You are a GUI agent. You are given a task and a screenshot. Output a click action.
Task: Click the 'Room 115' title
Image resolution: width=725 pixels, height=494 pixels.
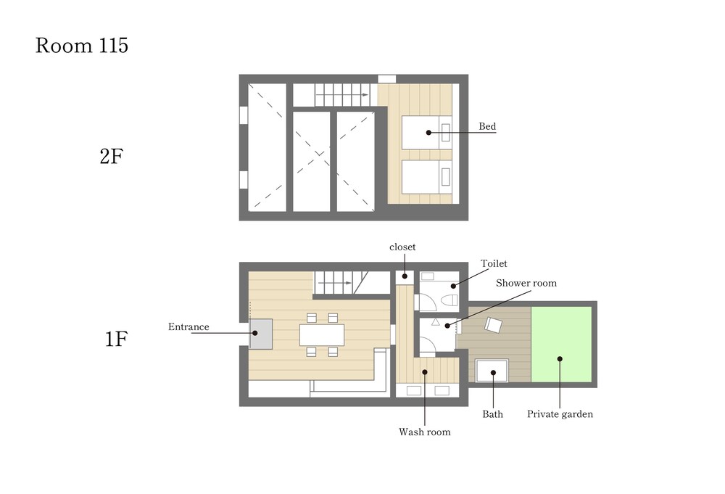pos(82,45)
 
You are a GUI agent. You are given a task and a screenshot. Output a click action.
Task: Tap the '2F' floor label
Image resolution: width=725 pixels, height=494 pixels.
pos(112,157)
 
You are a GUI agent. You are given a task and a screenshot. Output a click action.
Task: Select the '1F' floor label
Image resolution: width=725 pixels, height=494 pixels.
pos(115,339)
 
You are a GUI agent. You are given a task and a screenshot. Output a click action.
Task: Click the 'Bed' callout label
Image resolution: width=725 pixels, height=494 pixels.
pos(487,126)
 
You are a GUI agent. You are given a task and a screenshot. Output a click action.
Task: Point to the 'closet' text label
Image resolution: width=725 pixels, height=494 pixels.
pos(402,247)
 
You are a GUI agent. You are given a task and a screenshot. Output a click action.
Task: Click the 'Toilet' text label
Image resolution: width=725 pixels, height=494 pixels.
pos(494,263)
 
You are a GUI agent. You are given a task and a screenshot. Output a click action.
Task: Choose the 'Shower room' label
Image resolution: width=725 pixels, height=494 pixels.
pos(526,283)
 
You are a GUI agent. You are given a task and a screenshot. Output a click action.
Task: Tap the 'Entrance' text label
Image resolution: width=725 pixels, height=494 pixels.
pos(188,327)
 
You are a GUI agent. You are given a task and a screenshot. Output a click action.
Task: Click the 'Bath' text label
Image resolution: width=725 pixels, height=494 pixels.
pos(492,414)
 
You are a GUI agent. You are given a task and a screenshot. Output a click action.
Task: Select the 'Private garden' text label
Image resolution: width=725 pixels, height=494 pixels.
pos(560,414)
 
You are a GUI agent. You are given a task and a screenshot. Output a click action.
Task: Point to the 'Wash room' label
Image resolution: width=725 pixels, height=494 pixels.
pos(424,432)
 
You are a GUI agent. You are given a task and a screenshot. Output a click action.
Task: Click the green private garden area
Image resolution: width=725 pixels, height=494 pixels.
pos(561,344)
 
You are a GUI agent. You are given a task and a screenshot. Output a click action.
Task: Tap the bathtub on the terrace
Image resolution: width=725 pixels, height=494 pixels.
pos(492,371)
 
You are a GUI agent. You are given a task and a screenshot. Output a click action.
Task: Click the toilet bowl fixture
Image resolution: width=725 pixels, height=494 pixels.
pos(449,301)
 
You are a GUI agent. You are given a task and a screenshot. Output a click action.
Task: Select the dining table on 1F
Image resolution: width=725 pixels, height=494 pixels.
pos(322,335)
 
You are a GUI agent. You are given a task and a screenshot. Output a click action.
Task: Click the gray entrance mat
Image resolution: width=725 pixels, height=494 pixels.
pos(261,334)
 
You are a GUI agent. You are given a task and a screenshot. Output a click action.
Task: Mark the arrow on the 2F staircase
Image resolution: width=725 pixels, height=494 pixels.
pos(343,95)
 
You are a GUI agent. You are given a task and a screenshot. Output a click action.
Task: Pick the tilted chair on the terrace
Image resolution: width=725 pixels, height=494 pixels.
pos(493,325)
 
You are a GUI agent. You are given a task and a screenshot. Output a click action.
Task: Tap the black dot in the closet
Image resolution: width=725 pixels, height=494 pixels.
pos(405,276)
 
